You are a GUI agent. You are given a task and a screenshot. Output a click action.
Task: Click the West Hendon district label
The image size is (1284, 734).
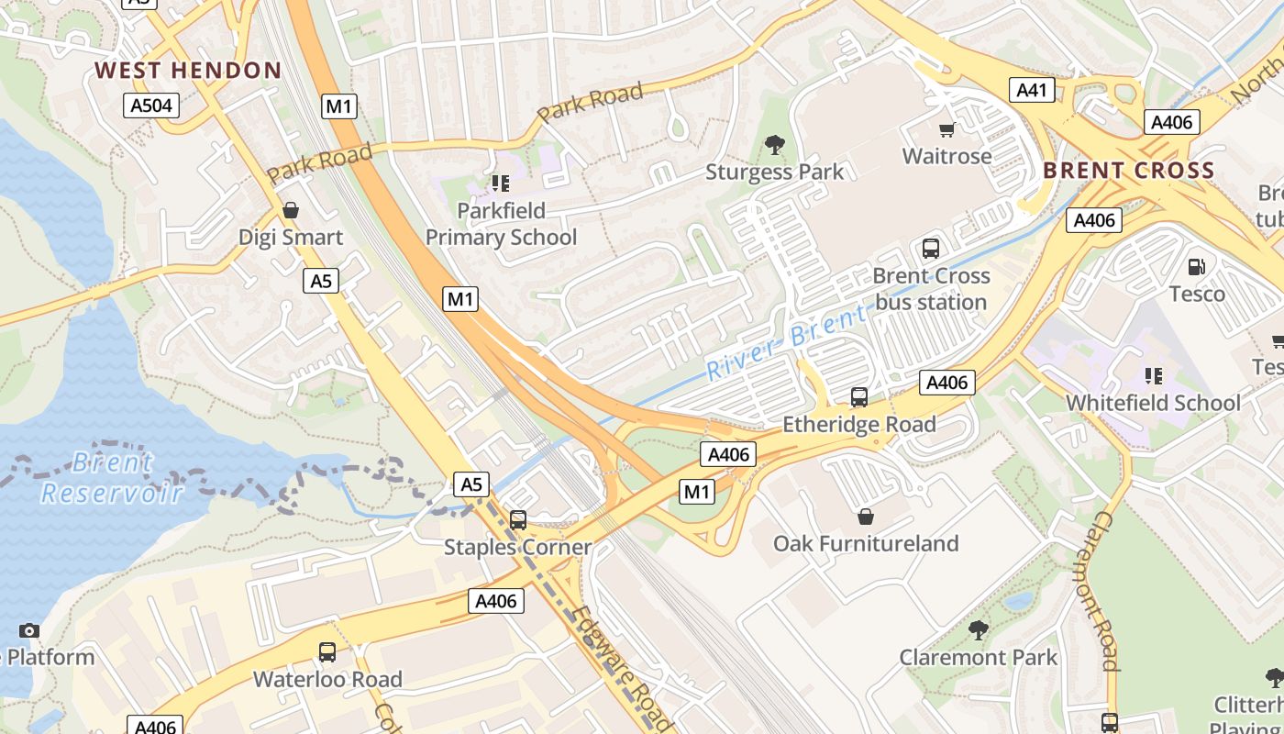tap(188, 70)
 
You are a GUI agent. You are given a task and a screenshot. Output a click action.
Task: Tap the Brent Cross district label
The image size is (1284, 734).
tap(1128, 171)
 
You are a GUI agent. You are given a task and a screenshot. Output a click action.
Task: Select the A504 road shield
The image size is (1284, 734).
tap(151, 106)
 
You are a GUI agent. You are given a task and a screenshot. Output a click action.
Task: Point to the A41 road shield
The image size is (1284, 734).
tap(1032, 90)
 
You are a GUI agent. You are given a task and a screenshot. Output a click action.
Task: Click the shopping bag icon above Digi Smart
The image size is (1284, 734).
tap(291, 210)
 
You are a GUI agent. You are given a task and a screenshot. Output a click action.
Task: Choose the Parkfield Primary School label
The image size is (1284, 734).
tap(501, 224)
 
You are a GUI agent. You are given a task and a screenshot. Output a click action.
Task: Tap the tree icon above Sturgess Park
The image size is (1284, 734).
tap(775, 144)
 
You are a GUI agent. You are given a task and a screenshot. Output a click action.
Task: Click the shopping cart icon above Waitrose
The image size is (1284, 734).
tap(946, 129)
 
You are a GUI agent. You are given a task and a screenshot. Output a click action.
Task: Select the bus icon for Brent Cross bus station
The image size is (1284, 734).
tap(931, 248)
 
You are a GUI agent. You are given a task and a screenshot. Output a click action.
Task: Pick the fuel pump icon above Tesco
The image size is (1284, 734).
tap(1196, 267)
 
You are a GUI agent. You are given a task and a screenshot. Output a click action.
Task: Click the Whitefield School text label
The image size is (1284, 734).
tap(1152, 403)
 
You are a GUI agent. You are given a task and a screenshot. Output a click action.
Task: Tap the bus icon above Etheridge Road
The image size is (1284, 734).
tap(858, 396)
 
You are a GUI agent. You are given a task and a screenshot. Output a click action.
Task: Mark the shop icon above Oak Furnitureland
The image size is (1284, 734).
tap(865, 517)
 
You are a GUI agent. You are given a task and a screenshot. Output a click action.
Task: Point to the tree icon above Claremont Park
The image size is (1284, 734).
tap(978, 630)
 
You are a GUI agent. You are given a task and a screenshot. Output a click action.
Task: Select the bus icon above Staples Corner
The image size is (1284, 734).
tap(518, 520)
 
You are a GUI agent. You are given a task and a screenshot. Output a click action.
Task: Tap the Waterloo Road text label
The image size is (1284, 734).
tap(327, 679)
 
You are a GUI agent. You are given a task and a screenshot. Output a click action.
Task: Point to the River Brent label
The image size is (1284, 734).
tap(786, 342)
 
